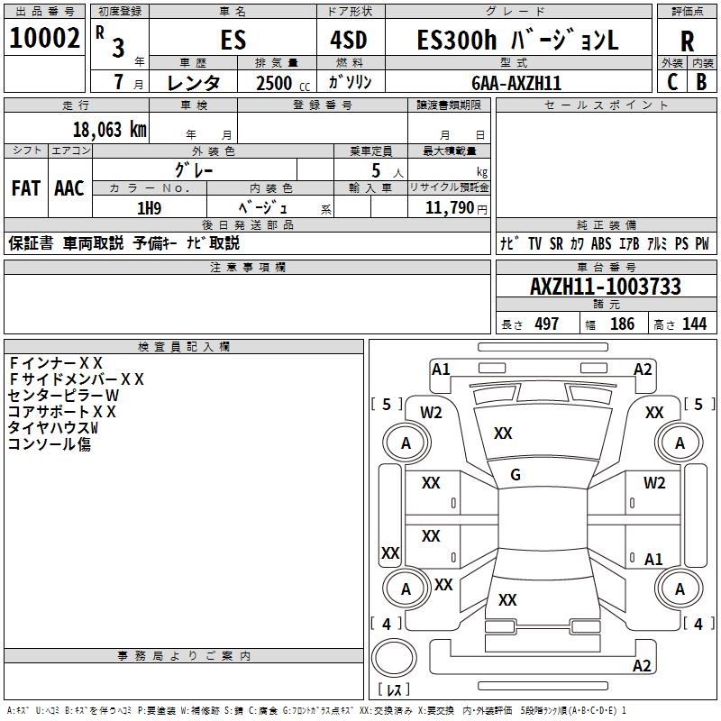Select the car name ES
(233, 41)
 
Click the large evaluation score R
(687, 41)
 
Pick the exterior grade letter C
(672, 81)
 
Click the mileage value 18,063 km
(109, 129)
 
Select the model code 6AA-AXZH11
(516, 83)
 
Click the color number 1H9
(149, 208)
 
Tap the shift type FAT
(25, 188)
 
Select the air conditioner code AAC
(69, 188)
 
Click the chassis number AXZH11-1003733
(605, 287)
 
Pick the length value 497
(546, 324)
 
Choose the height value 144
(694, 324)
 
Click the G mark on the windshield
(516, 475)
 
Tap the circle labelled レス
(393, 661)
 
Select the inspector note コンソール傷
(50, 443)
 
